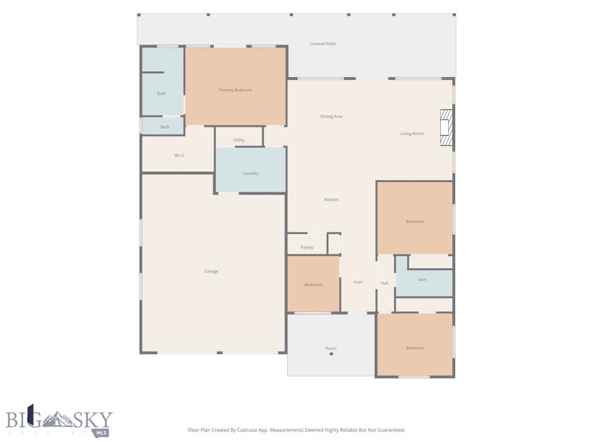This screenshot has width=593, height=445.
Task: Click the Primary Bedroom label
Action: point(235,90)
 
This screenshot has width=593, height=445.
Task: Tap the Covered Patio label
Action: point(323,44)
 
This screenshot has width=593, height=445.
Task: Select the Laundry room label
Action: point(250,173)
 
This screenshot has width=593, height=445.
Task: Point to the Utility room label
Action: point(239,140)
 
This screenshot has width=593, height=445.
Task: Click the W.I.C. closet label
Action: point(180,155)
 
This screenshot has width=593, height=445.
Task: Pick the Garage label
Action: point(211,271)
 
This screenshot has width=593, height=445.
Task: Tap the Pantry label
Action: point(307,247)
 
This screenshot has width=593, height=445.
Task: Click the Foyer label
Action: point(358,282)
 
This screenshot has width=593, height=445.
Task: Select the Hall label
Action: point(385,283)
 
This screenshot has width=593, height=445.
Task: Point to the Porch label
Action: point(331,348)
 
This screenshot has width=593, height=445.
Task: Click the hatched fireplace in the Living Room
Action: point(446,127)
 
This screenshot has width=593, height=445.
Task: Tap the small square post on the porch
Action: point(331,354)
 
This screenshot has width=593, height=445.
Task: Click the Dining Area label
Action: point(331,116)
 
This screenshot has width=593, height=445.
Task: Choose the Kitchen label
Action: point(331,200)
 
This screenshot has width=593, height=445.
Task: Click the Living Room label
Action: point(412,134)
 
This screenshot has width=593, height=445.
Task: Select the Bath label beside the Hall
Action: point(422,280)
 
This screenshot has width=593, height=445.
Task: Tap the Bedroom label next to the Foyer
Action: point(313,284)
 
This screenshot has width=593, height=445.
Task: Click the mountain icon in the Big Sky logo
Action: point(57,419)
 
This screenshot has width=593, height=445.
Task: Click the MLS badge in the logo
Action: point(101,433)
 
